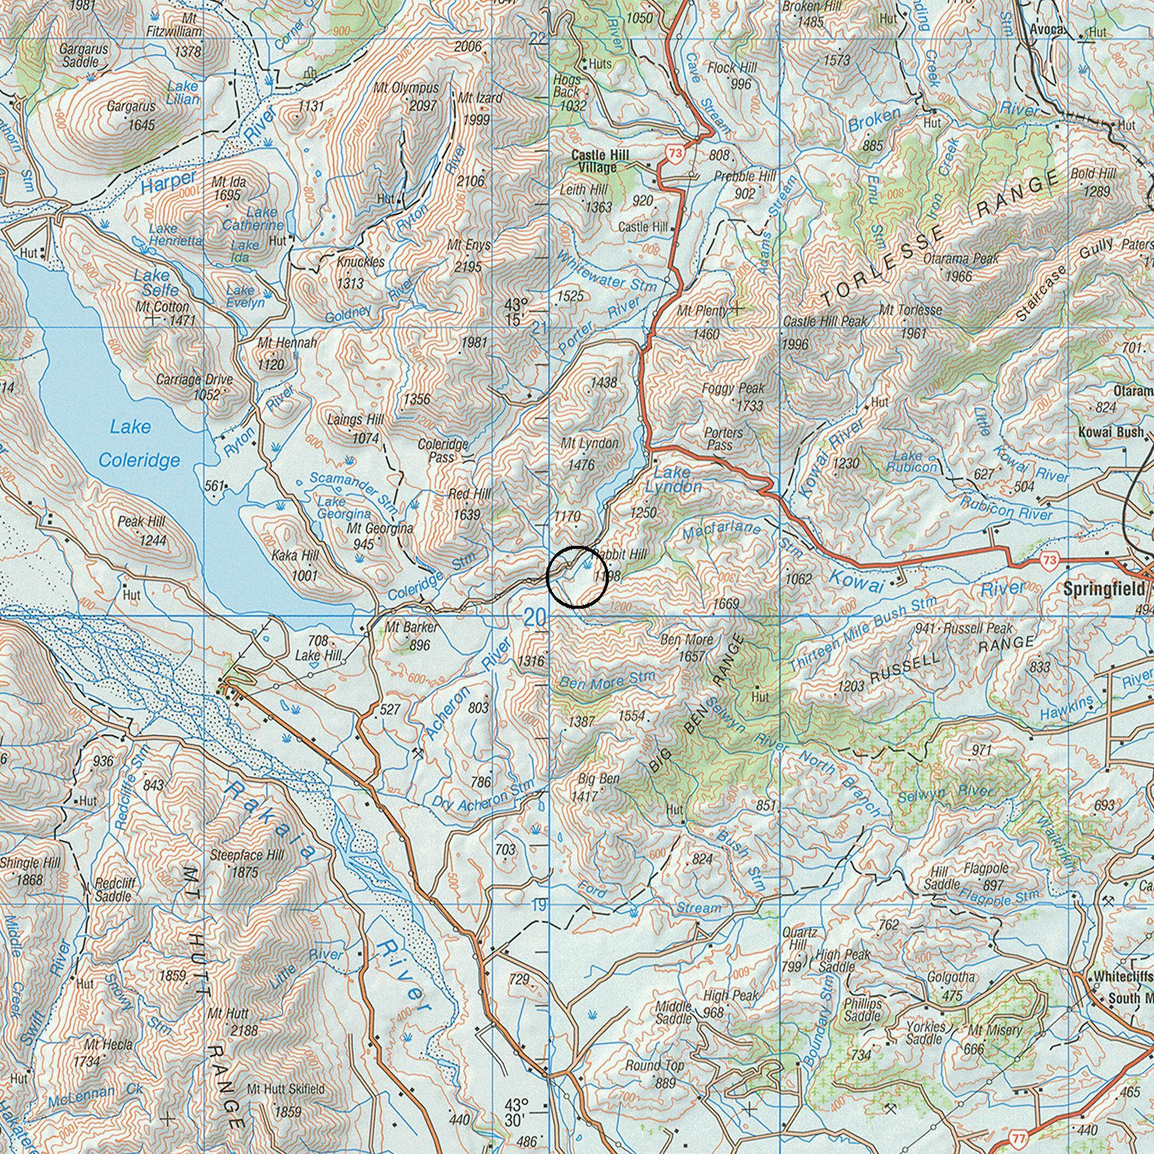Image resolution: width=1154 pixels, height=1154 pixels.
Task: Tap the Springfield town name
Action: [1104, 589]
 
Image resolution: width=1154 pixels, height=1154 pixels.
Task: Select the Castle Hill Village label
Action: [600, 161]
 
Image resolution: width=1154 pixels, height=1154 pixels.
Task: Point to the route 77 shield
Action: [1017, 1138]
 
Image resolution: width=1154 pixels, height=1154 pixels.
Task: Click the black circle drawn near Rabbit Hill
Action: [577, 577]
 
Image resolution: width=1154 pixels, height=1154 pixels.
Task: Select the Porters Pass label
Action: [723, 438]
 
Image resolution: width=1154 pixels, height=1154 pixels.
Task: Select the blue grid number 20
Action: [535, 618]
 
